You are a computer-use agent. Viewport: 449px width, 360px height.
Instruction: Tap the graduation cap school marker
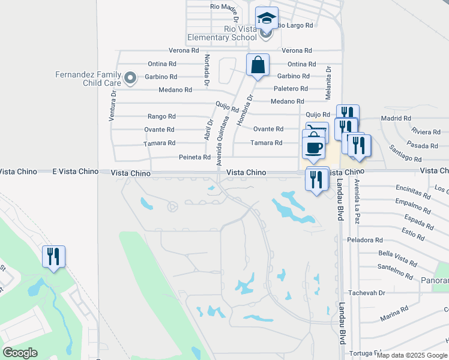click(x=267, y=17)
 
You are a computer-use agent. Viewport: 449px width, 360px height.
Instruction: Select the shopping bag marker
click(x=258, y=65)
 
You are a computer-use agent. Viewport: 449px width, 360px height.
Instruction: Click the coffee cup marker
click(x=314, y=147)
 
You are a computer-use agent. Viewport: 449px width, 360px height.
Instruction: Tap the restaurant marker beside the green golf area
click(x=54, y=257)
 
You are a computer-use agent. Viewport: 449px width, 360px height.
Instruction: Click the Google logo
click(x=20, y=353)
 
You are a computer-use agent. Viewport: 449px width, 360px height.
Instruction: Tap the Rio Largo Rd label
click(x=296, y=25)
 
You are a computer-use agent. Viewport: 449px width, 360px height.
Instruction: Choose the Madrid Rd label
click(x=396, y=119)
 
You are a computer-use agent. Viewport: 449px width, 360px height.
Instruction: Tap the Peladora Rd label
click(x=365, y=240)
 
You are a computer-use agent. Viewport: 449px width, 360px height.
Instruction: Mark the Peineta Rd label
click(x=194, y=157)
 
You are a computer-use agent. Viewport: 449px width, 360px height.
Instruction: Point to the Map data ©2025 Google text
click(x=412, y=355)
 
